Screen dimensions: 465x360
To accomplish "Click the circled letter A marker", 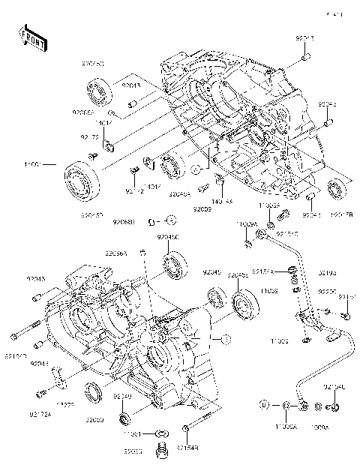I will pos(171,220).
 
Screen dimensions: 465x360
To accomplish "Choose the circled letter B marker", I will pos(264,405).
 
